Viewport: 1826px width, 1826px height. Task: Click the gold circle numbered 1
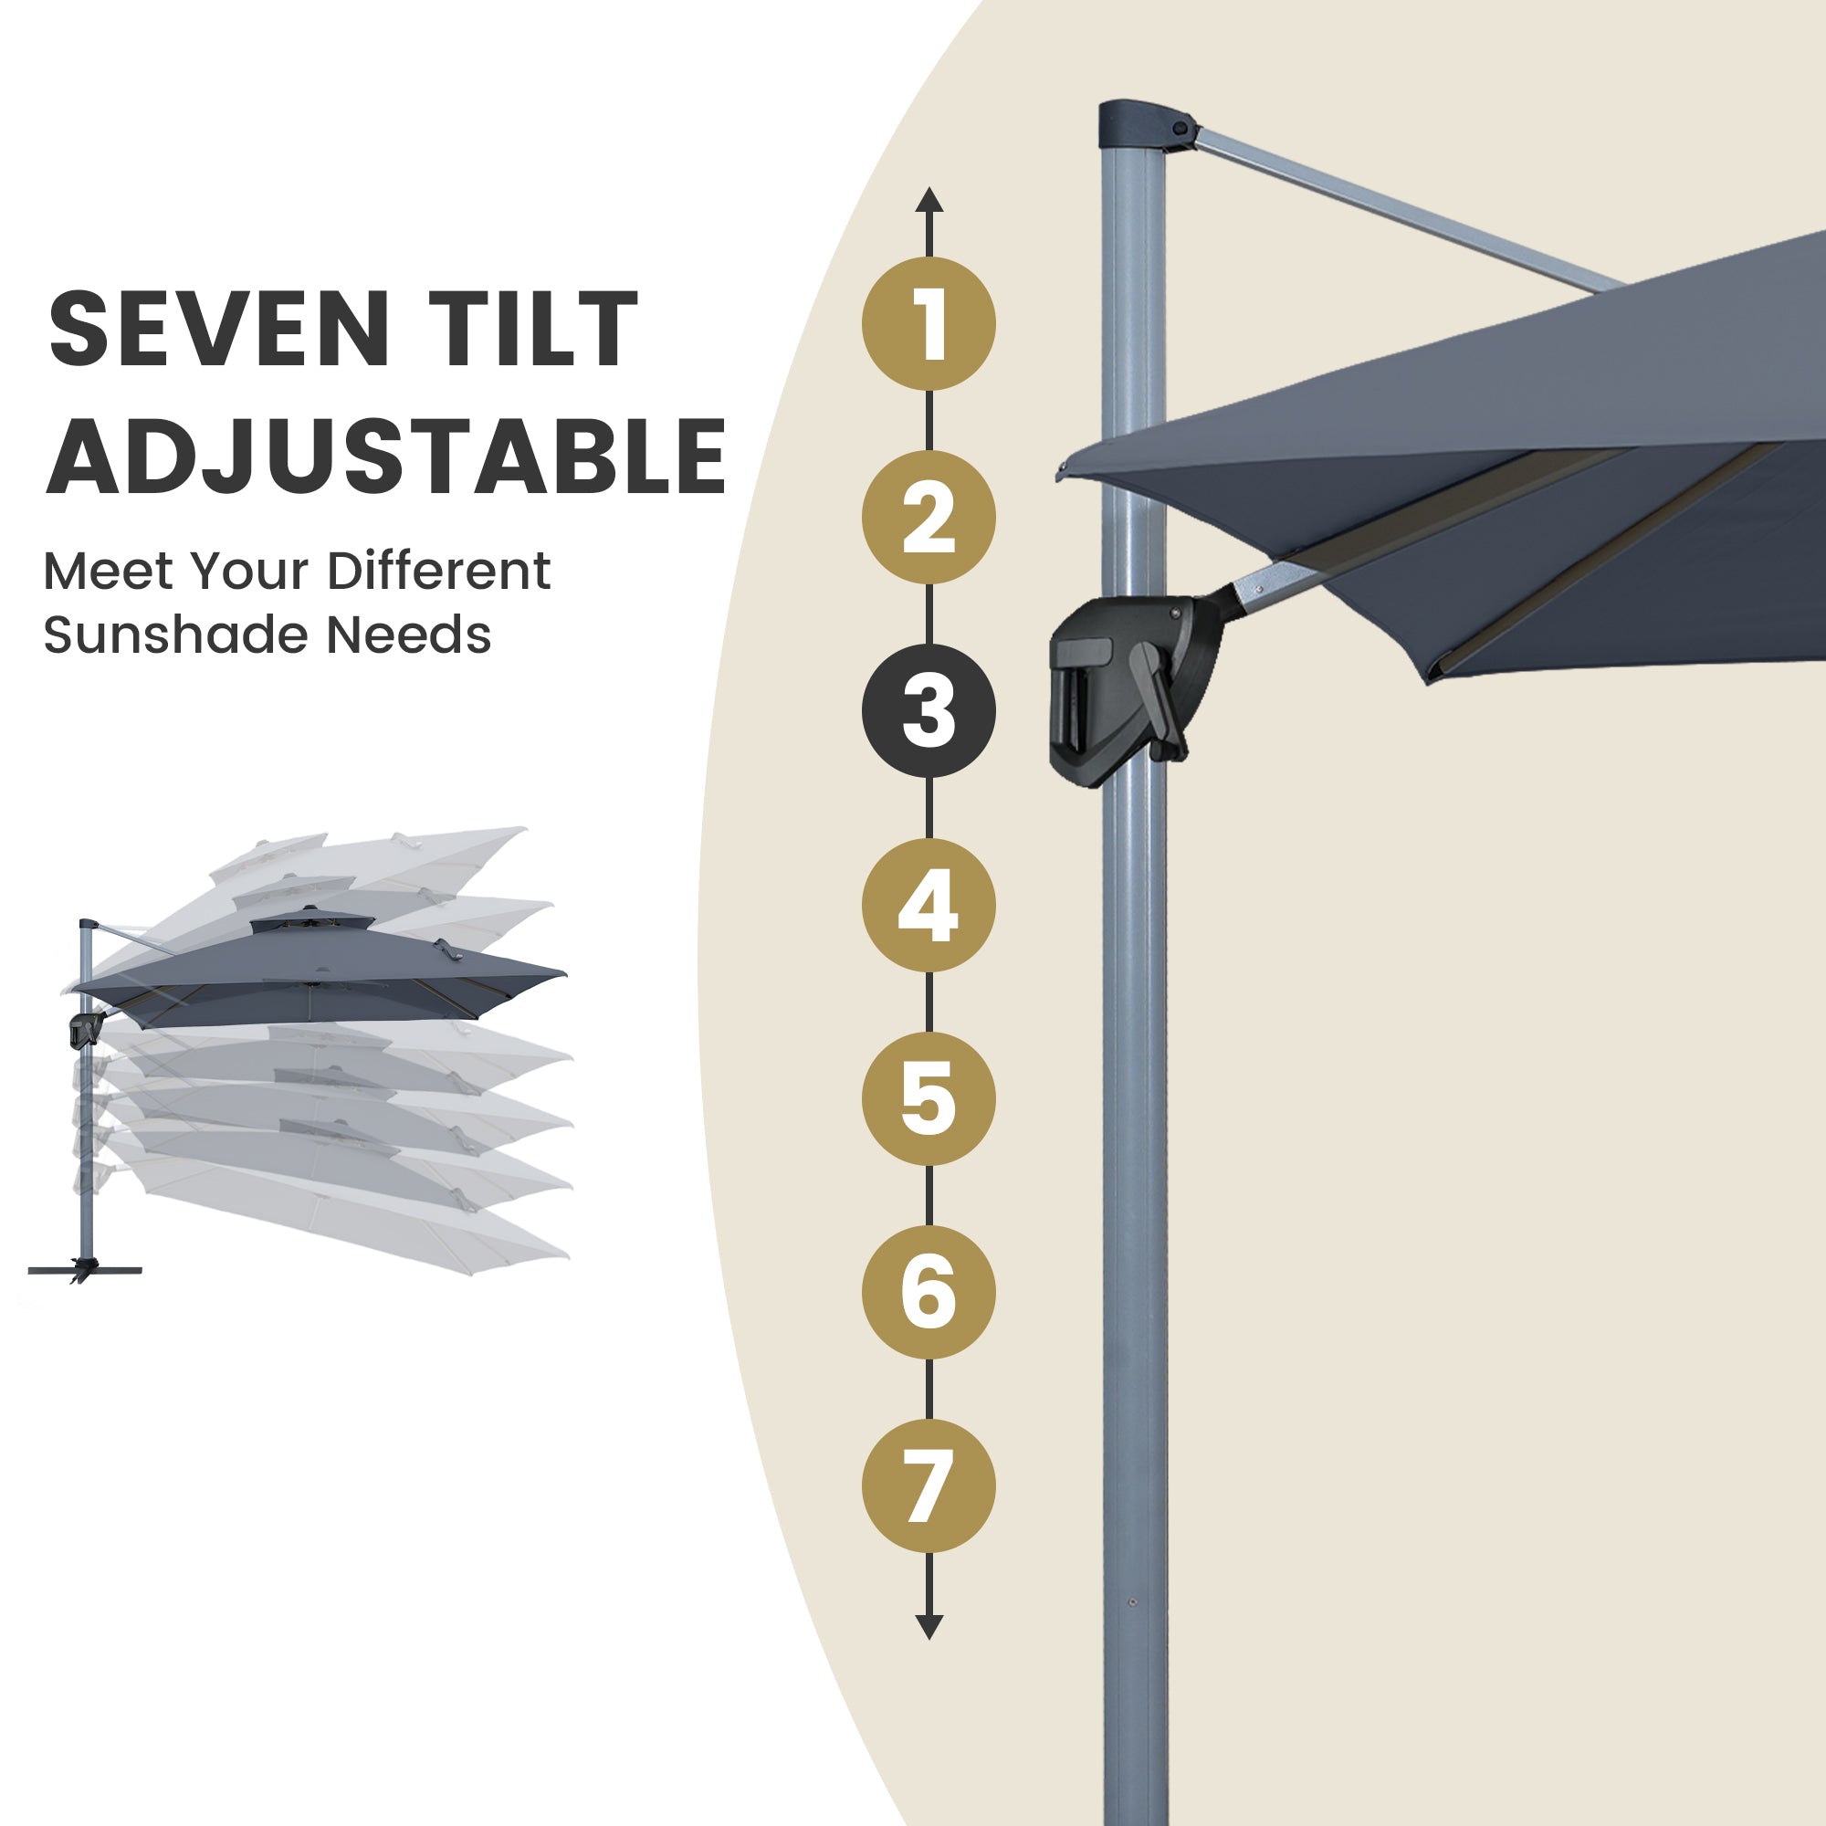tap(929, 323)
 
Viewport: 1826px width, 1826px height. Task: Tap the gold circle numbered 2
tap(929, 517)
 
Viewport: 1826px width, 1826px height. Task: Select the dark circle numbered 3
tap(929, 710)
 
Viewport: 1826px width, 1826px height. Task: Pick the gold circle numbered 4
tap(929, 905)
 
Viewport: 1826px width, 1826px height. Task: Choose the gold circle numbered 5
tap(929, 1098)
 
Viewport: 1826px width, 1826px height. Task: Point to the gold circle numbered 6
tap(929, 1292)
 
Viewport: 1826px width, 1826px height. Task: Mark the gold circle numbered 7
tap(929, 1485)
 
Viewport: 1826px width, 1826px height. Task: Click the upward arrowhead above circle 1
tap(929, 199)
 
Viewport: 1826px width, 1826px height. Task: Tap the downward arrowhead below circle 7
tap(929, 1628)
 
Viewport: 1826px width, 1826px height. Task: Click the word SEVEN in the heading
tap(219, 328)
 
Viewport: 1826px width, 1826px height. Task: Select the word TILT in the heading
tap(533, 328)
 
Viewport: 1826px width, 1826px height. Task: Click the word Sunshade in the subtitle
tap(177, 635)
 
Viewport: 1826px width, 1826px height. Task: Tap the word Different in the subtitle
tap(437, 571)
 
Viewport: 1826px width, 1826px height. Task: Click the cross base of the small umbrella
tap(85, 1270)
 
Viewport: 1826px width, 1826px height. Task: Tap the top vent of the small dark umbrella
tap(311, 918)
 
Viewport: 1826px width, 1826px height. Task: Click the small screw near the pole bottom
tap(1131, 1603)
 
